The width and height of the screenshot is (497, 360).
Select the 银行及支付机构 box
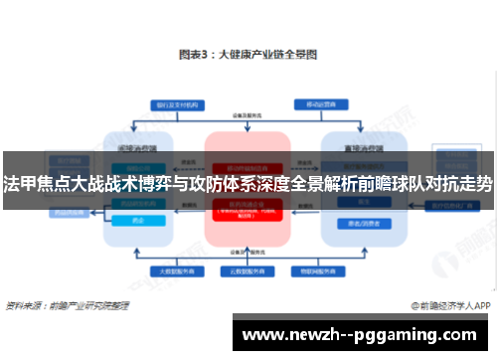coord(175,104)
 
